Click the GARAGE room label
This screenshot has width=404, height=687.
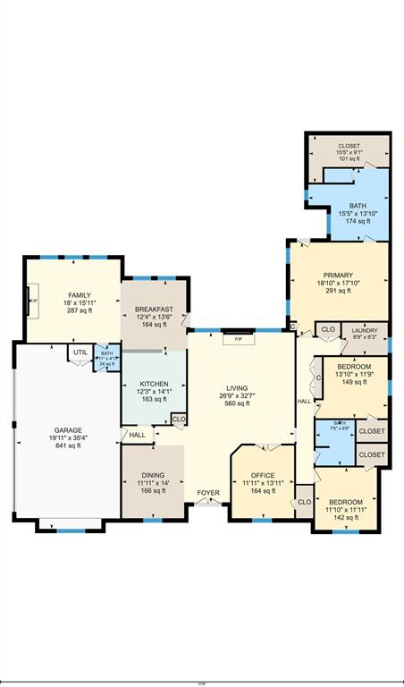pyautogui.click(x=68, y=429)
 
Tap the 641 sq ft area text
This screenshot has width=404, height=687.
pyautogui.click(x=68, y=445)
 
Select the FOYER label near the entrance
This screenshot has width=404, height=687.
pyautogui.click(x=208, y=493)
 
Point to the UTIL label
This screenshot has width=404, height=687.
pyautogui.click(x=80, y=352)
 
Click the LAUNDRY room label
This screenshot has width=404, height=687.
pyautogui.click(x=363, y=330)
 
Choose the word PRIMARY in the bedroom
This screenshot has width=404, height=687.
pyautogui.click(x=338, y=276)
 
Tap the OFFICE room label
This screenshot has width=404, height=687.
pyautogui.click(x=261, y=475)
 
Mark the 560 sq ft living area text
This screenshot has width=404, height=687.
pyautogui.click(x=237, y=403)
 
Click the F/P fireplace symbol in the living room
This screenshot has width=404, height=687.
pyautogui.click(x=239, y=340)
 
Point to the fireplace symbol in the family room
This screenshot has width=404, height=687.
pyautogui.click(x=33, y=301)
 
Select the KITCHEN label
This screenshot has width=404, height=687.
pyautogui.click(x=154, y=384)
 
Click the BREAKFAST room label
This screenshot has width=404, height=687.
pyautogui.click(x=154, y=309)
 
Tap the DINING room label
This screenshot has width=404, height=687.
pyautogui.click(x=152, y=475)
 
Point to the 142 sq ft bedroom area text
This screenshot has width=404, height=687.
pyautogui.click(x=345, y=517)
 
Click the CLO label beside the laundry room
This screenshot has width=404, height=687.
pyautogui.click(x=328, y=330)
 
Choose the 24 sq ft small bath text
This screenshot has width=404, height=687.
pyautogui.click(x=106, y=364)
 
